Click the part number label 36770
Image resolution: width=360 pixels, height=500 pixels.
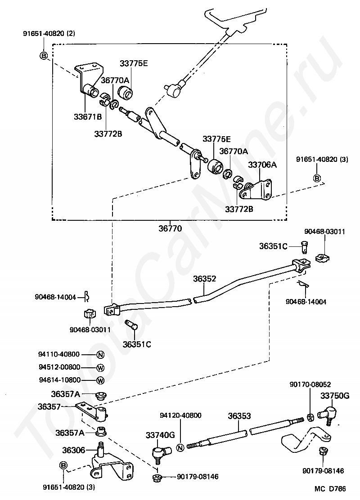click(170, 228)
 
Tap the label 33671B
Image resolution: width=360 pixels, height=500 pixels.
click(88, 117)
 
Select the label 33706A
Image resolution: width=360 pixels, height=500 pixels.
click(262, 165)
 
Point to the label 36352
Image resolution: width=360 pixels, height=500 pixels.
click(204, 278)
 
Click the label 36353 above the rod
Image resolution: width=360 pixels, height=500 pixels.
click(239, 416)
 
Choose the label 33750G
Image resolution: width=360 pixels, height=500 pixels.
click(335, 396)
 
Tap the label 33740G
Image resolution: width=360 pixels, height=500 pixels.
click(160, 435)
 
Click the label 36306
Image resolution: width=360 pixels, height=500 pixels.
click(74, 450)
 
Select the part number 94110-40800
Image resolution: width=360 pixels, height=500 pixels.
click(59, 354)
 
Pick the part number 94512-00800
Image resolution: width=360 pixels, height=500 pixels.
click(59, 367)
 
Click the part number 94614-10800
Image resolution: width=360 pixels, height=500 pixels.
click(60, 380)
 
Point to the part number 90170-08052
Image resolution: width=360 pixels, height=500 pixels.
click(310, 384)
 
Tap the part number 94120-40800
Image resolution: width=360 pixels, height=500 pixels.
click(180, 415)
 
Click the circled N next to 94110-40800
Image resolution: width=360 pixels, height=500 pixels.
click(100, 355)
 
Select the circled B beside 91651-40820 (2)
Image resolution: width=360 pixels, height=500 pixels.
click(43, 56)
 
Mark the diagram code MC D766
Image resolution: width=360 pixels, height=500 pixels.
click(330, 488)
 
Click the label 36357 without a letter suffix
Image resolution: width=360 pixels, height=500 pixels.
click(49, 406)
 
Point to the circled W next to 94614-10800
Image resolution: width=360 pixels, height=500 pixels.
click(100, 380)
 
